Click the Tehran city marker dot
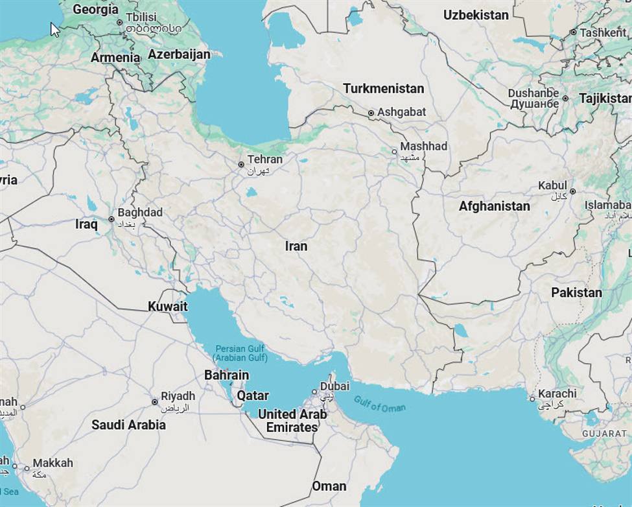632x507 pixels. point(241,165)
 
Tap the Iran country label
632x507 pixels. point(296,246)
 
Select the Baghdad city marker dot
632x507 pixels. point(111,219)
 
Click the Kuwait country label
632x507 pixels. point(167,306)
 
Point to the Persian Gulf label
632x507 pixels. point(240,353)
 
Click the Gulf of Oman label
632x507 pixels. point(380,403)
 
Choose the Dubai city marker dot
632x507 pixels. point(314,392)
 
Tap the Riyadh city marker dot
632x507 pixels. point(154,402)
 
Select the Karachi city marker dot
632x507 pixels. point(532,399)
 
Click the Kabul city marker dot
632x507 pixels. point(572,191)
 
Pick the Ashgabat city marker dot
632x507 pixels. point(371,113)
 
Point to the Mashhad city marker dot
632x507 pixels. point(394,152)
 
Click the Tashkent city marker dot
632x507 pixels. point(573,32)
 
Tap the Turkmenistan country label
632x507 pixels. point(383,88)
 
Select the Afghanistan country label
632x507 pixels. point(494,206)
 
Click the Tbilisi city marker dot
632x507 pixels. point(119,23)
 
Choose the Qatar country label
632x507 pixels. point(252,395)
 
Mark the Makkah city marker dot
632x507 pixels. point(27,467)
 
